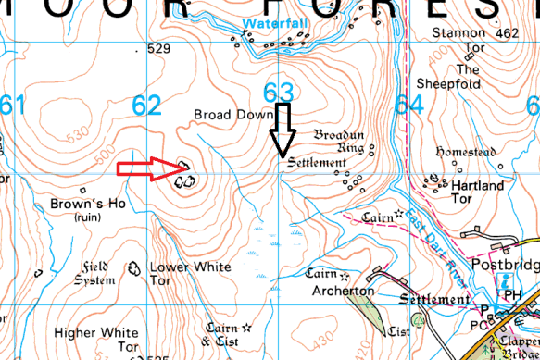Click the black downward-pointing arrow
(283, 127)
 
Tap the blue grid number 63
(279, 93)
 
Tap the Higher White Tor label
(96, 340)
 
